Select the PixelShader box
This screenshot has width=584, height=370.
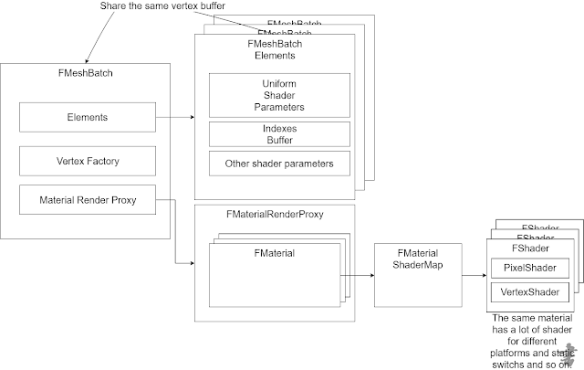[529, 269]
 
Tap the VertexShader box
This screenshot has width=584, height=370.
[529, 292]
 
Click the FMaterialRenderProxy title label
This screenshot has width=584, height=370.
[274, 215]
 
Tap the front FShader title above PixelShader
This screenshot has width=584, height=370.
[529, 248]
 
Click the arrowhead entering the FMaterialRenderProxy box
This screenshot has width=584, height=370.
[191, 264]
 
